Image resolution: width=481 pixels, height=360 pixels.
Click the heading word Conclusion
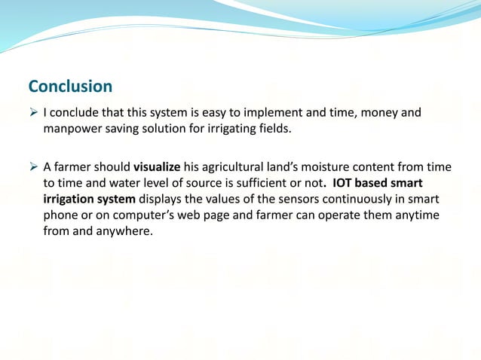pos(70,86)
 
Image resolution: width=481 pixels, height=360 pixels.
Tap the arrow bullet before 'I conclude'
pos(33,113)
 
